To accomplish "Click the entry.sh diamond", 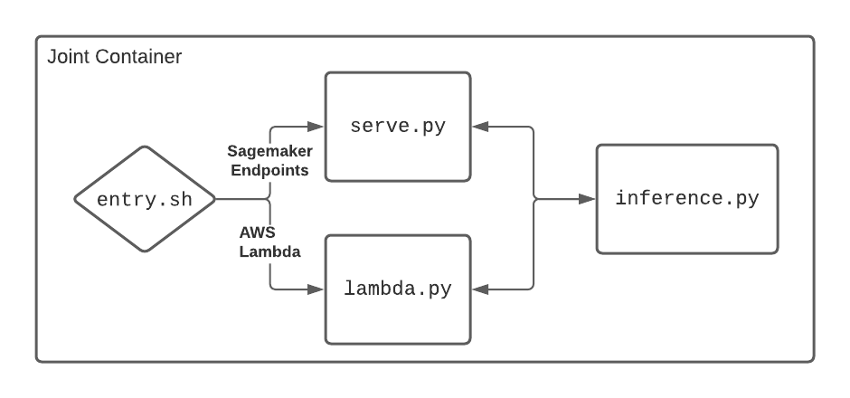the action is [x=145, y=199].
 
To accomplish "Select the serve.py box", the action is [x=398, y=127].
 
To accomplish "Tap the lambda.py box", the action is [x=398, y=289].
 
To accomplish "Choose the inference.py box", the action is [x=687, y=199].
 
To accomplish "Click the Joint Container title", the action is [x=114, y=56].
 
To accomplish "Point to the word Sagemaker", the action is [x=270, y=151].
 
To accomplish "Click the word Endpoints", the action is [x=270, y=170].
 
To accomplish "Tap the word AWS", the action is [x=258, y=232].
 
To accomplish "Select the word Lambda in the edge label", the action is [x=270, y=251].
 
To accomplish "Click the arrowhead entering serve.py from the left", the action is [x=316, y=127].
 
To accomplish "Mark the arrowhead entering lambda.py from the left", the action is [x=316, y=289].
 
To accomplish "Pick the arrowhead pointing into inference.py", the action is [x=587, y=199].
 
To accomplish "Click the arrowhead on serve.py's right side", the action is [x=480, y=127].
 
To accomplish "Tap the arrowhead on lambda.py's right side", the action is [x=480, y=289].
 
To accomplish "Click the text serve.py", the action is [x=398, y=127].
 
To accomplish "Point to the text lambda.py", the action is [x=398, y=289].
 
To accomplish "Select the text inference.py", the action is [x=687, y=198].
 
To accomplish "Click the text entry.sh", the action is [x=145, y=200].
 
